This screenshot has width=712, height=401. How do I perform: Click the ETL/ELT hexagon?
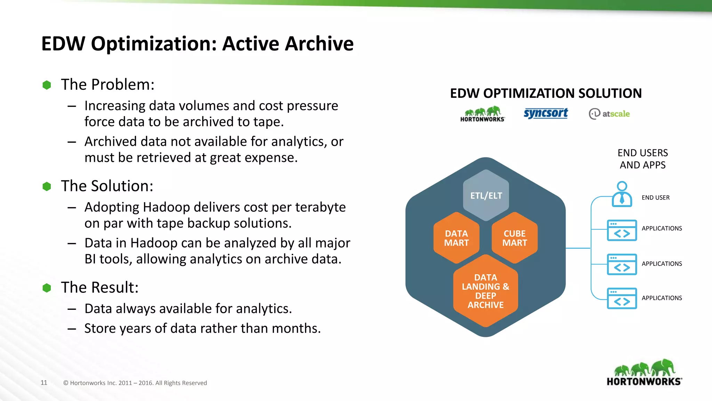(486, 195)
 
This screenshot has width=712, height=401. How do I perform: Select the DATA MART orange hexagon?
(456, 238)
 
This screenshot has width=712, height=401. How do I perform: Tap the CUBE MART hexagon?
(515, 238)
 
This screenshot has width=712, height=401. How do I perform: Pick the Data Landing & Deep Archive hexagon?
(485, 291)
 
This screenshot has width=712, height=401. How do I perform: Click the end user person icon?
(622, 194)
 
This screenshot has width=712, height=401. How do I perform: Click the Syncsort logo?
(545, 113)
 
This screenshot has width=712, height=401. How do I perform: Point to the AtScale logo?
(609, 114)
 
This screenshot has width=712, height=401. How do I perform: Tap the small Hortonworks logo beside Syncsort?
(483, 114)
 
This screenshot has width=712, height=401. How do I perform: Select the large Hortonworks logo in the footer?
(644, 372)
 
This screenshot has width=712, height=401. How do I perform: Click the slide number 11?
(44, 383)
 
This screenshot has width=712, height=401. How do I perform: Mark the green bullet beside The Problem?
(47, 85)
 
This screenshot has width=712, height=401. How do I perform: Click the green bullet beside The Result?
(47, 288)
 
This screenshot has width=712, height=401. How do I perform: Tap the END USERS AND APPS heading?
(642, 159)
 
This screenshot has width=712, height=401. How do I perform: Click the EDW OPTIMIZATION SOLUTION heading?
(545, 93)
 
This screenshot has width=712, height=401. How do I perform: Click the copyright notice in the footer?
(135, 383)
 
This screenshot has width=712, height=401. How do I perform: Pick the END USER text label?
(655, 198)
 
